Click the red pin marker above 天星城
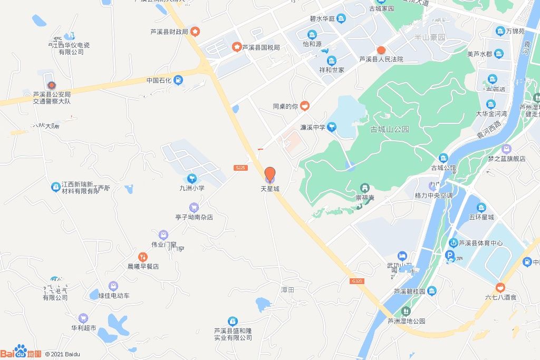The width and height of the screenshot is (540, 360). pos(269,174)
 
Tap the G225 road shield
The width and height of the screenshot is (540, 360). pos(240,168)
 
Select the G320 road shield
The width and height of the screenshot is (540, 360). pos(357,281)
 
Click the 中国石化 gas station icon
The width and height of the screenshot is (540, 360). pos(178,80)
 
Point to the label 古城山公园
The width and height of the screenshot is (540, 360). pos(390,129)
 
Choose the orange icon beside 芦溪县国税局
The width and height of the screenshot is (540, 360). pos(237,47)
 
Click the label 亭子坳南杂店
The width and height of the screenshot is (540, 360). pos(194,217)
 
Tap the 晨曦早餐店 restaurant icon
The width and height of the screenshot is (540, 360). pos(143,257)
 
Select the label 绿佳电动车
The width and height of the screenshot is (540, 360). pos(114,296)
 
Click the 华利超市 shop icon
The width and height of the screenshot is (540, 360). pos(83,318)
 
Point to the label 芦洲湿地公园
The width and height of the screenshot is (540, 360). pos(406,321)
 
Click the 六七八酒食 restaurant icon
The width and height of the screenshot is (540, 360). pos(500,288)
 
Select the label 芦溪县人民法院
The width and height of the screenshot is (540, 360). pos(381,60)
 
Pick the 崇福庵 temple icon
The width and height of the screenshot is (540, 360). pos(364,188)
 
